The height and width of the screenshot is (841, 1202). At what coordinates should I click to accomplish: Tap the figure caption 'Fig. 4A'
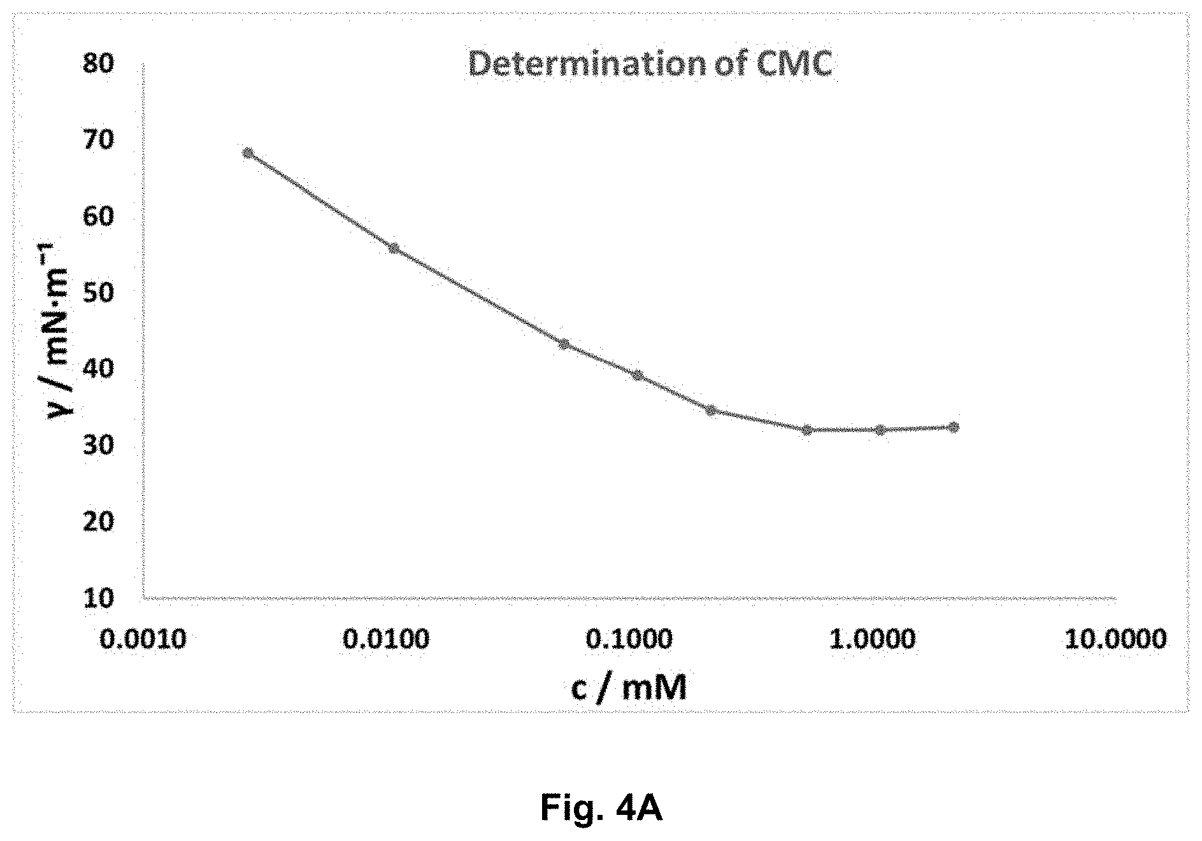[x=601, y=808]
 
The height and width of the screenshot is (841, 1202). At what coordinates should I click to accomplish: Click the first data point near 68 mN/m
[x=248, y=153]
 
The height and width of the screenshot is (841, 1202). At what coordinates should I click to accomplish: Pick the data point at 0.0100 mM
[x=394, y=248]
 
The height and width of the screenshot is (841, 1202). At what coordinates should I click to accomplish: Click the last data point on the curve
[x=954, y=427]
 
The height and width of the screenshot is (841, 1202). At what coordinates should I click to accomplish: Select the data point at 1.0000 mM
[x=880, y=430]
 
